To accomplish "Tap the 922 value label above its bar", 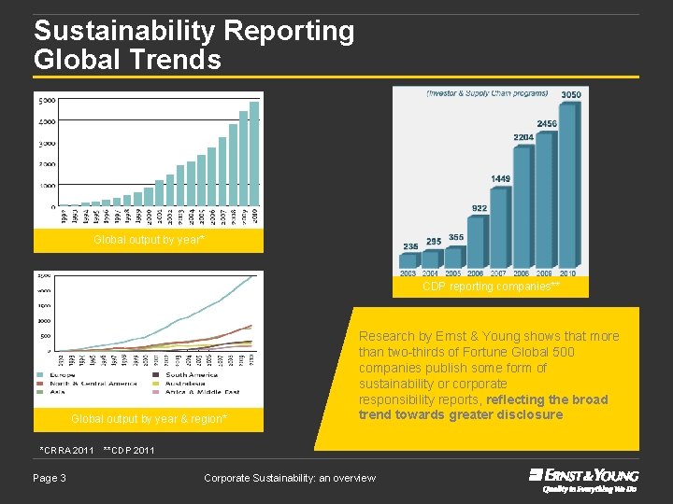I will (x=479, y=208).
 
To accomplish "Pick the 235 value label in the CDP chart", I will (x=410, y=246).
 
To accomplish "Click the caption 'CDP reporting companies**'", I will (x=491, y=287).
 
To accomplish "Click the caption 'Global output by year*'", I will (x=149, y=241).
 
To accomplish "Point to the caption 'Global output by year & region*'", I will (x=149, y=419).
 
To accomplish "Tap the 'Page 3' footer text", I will (x=50, y=478).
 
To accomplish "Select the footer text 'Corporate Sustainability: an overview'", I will (x=290, y=478).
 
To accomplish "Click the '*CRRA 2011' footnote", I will (x=66, y=450).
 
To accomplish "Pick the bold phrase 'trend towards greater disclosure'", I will (x=461, y=414).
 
